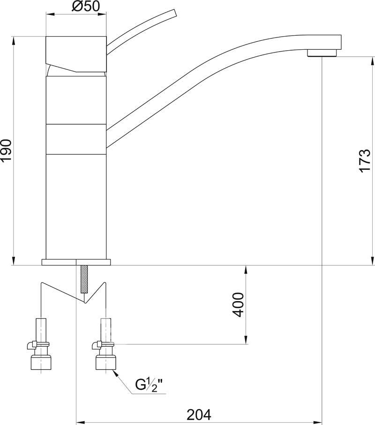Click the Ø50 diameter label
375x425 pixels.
[x=86, y=6]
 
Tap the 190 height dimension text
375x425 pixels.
[x=6, y=151]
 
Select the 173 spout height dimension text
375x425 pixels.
[x=365, y=160]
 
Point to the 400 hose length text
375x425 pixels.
[x=238, y=304]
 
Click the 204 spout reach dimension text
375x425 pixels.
[x=199, y=415]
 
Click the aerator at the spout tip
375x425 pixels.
[x=322, y=53]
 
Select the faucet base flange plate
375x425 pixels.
[x=76, y=262]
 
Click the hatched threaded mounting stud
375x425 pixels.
[x=84, y=279]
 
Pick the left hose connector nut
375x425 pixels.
[x=41, y=363]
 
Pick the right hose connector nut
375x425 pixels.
[x=106, y=363]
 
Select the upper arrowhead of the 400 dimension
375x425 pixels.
[x=246, y=270]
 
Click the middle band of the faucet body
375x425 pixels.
[x=76, y=139]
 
